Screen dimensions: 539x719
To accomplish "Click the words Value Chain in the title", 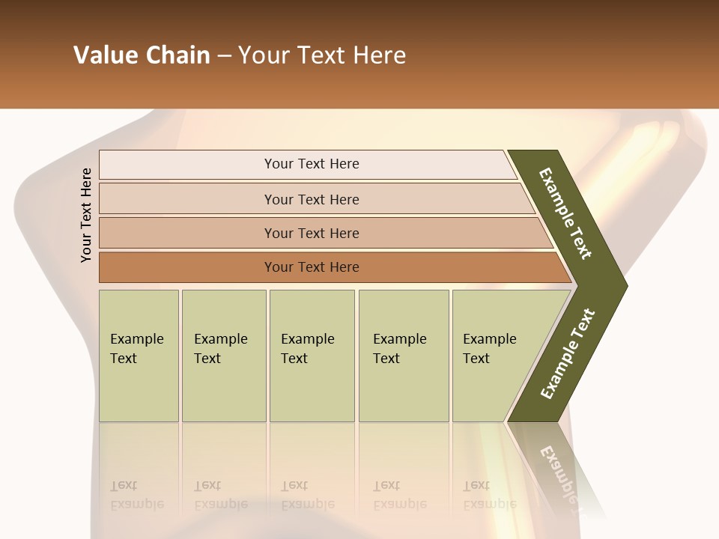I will [x=142, y=55].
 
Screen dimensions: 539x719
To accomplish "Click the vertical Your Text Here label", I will [x=86, y=215].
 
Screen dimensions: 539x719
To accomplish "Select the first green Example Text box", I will [x=139, y=356].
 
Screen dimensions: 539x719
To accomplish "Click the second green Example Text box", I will [x=223, y=356].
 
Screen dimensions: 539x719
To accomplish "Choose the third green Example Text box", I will [x=312, y=356].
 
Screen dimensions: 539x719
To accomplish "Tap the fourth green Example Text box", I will [x=404, y=356].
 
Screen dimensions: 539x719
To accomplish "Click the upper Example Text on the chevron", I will [x=565, y=213].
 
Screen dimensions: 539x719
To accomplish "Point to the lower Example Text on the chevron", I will [x=567, y=353].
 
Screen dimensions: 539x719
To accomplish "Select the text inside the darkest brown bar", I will [x=312, y=267].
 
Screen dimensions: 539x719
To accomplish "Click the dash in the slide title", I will [x=224, y=56].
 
